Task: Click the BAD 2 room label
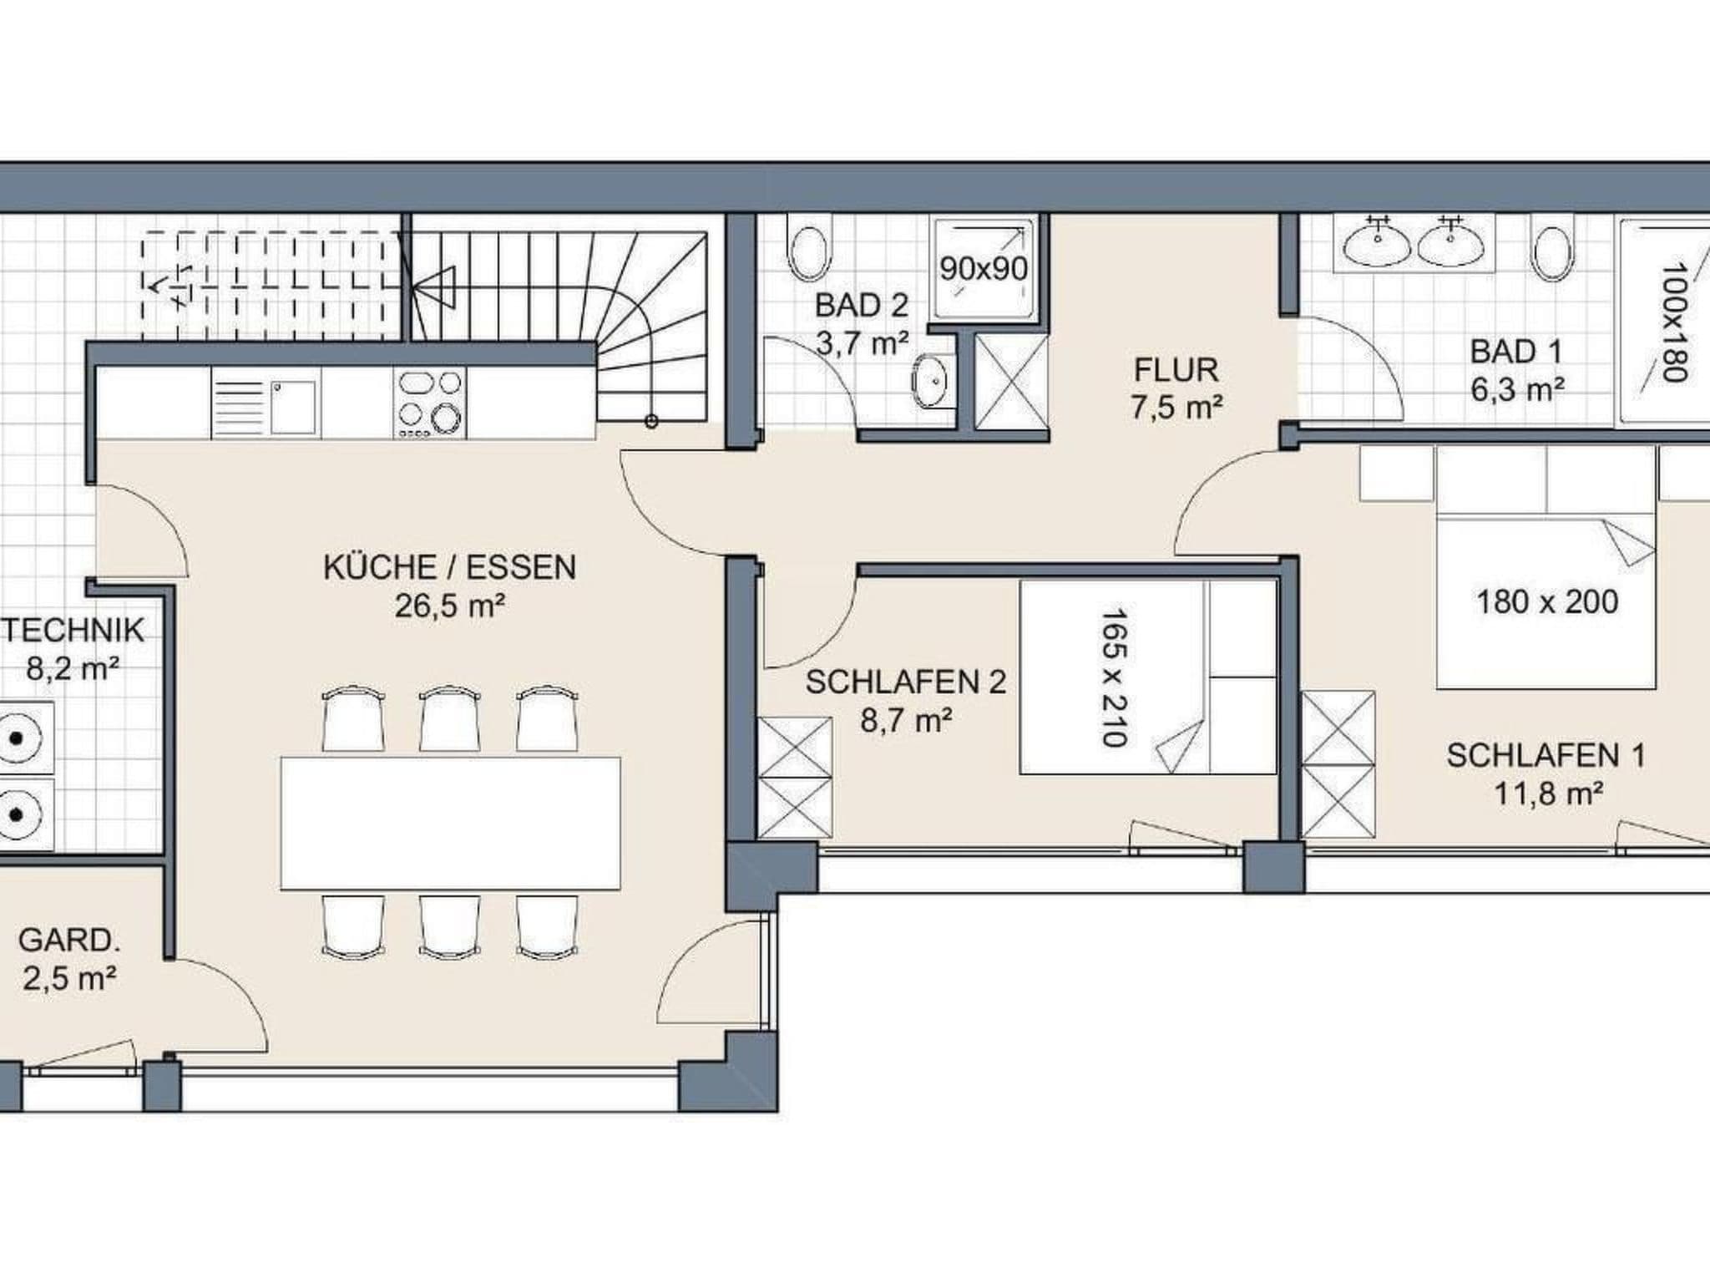pyautogui.click(x=861, y=306)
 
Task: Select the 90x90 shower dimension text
pyautogui.click(x=984, y=269)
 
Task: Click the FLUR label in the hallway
pyautogui.click(x=1176, y=370)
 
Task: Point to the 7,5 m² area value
pyautogui.click(x=1176, y=408)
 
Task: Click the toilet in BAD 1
pyautogui.click(x=1552, y=248)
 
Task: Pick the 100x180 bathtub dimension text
pyautogui.click(x=1674, y=322)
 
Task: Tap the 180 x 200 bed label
pyautogui.click(x=1547, y=601)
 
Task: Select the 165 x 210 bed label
pyautogui.click(x=1115, y=677)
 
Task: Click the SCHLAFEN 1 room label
pyautogui.click(x=1546, y=756)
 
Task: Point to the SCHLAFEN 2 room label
pyautogui.click(x=906, y=682)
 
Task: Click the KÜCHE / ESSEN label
pyautogui.click(x=450, y=568)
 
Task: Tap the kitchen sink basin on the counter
pyautogui.click(x=293, y=408)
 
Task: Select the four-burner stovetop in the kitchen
pyautogui.click(x=429, y=403)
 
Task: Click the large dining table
pyautogui.click(x=451, y=824)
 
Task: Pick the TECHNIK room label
pyautogui.click(x=73, y=630)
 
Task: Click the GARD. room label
pyautogui.click(x=69, y=941)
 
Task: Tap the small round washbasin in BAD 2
pyautogui.click(x=929, y=382)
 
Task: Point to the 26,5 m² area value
pyautogui.click(x=450, y=606)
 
